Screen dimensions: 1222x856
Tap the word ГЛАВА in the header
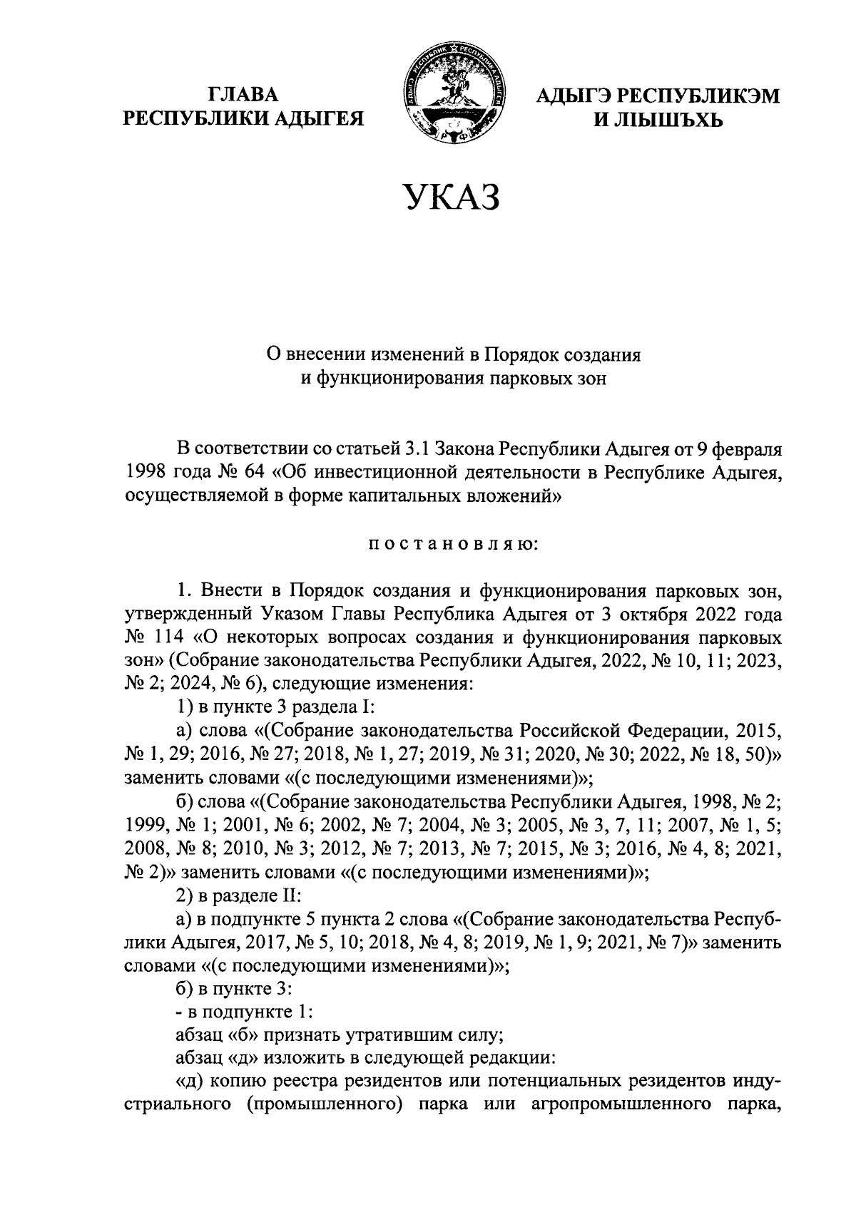[244, 95]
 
